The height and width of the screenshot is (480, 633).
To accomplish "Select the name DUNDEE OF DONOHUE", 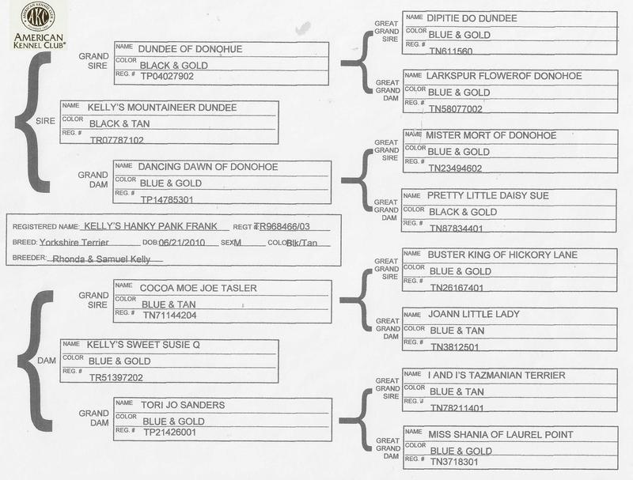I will click(x=190, y=49).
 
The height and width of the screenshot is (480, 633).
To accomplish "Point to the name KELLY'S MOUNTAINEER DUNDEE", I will click(x=163, y=108).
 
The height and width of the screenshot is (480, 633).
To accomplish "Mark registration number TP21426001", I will click(x=169, y=433).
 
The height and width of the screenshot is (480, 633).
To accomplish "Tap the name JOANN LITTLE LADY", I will click(x=473, y=314).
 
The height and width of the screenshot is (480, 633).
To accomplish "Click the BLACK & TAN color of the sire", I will click(x=119, y=123).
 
